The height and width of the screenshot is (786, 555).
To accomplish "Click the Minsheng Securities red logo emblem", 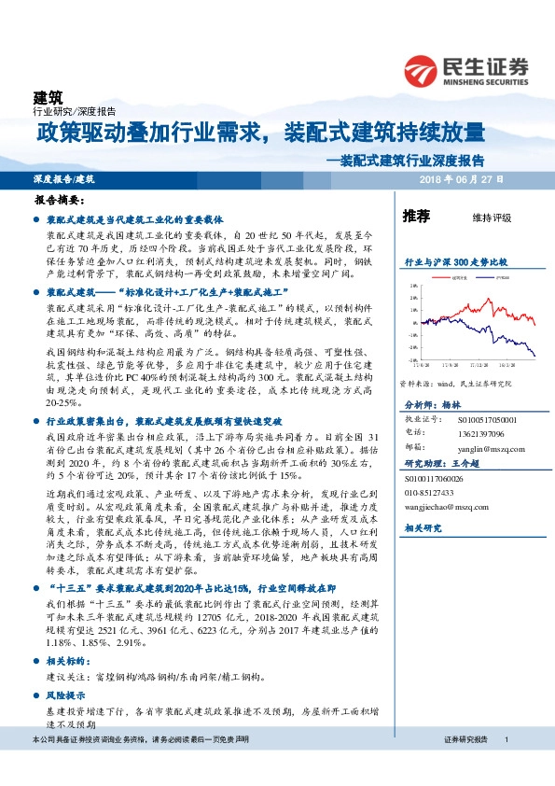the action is [x=421, y=72].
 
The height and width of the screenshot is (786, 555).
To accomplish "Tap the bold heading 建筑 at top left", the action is [x=49, y=96].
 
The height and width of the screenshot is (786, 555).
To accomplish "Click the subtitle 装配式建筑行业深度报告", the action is [x=413, y=159].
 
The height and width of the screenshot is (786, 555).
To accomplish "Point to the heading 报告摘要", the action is [x=59, y=200].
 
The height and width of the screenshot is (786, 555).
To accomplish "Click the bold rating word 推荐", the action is [x=416, y=217].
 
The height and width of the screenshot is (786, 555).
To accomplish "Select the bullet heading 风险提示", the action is [x=64, y=696].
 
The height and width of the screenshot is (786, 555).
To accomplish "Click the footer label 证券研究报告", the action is [x=465, y=739].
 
